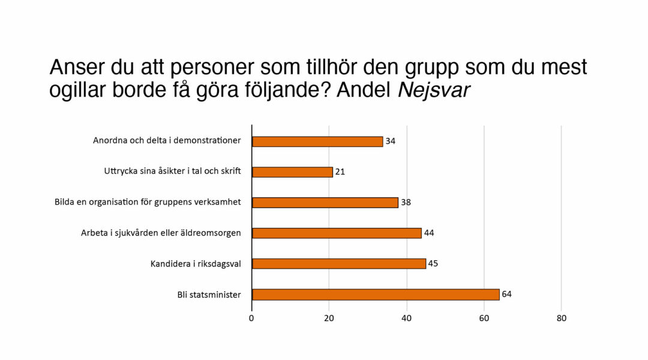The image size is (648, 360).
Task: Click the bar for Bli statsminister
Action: pos(376,295)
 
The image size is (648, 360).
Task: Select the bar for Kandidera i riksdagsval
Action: pos(339,263)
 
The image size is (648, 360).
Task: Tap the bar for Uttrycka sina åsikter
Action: pos(292,172)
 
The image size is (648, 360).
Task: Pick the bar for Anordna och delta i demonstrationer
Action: pos(317,142)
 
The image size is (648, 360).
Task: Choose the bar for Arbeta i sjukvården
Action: pos(337,233)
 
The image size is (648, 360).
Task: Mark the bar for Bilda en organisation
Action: pos(325,203)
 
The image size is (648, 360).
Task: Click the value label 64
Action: pos(506,294)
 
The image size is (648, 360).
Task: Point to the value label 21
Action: pos(340,172)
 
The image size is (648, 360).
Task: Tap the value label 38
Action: pos(406,202)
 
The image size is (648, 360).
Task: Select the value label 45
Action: pos(433,263)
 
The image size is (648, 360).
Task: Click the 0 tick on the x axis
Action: pos(251,319)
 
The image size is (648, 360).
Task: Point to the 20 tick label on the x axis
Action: pos(329,319)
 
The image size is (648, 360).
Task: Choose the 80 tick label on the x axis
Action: pos(561,319)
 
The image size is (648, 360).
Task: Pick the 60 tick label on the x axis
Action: pos(484,319)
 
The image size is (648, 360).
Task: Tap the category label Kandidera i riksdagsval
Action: pos(196,263)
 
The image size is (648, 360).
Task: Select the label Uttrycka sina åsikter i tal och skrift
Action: pos(172,172)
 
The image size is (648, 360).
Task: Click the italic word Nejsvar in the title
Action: pos(434,90)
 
